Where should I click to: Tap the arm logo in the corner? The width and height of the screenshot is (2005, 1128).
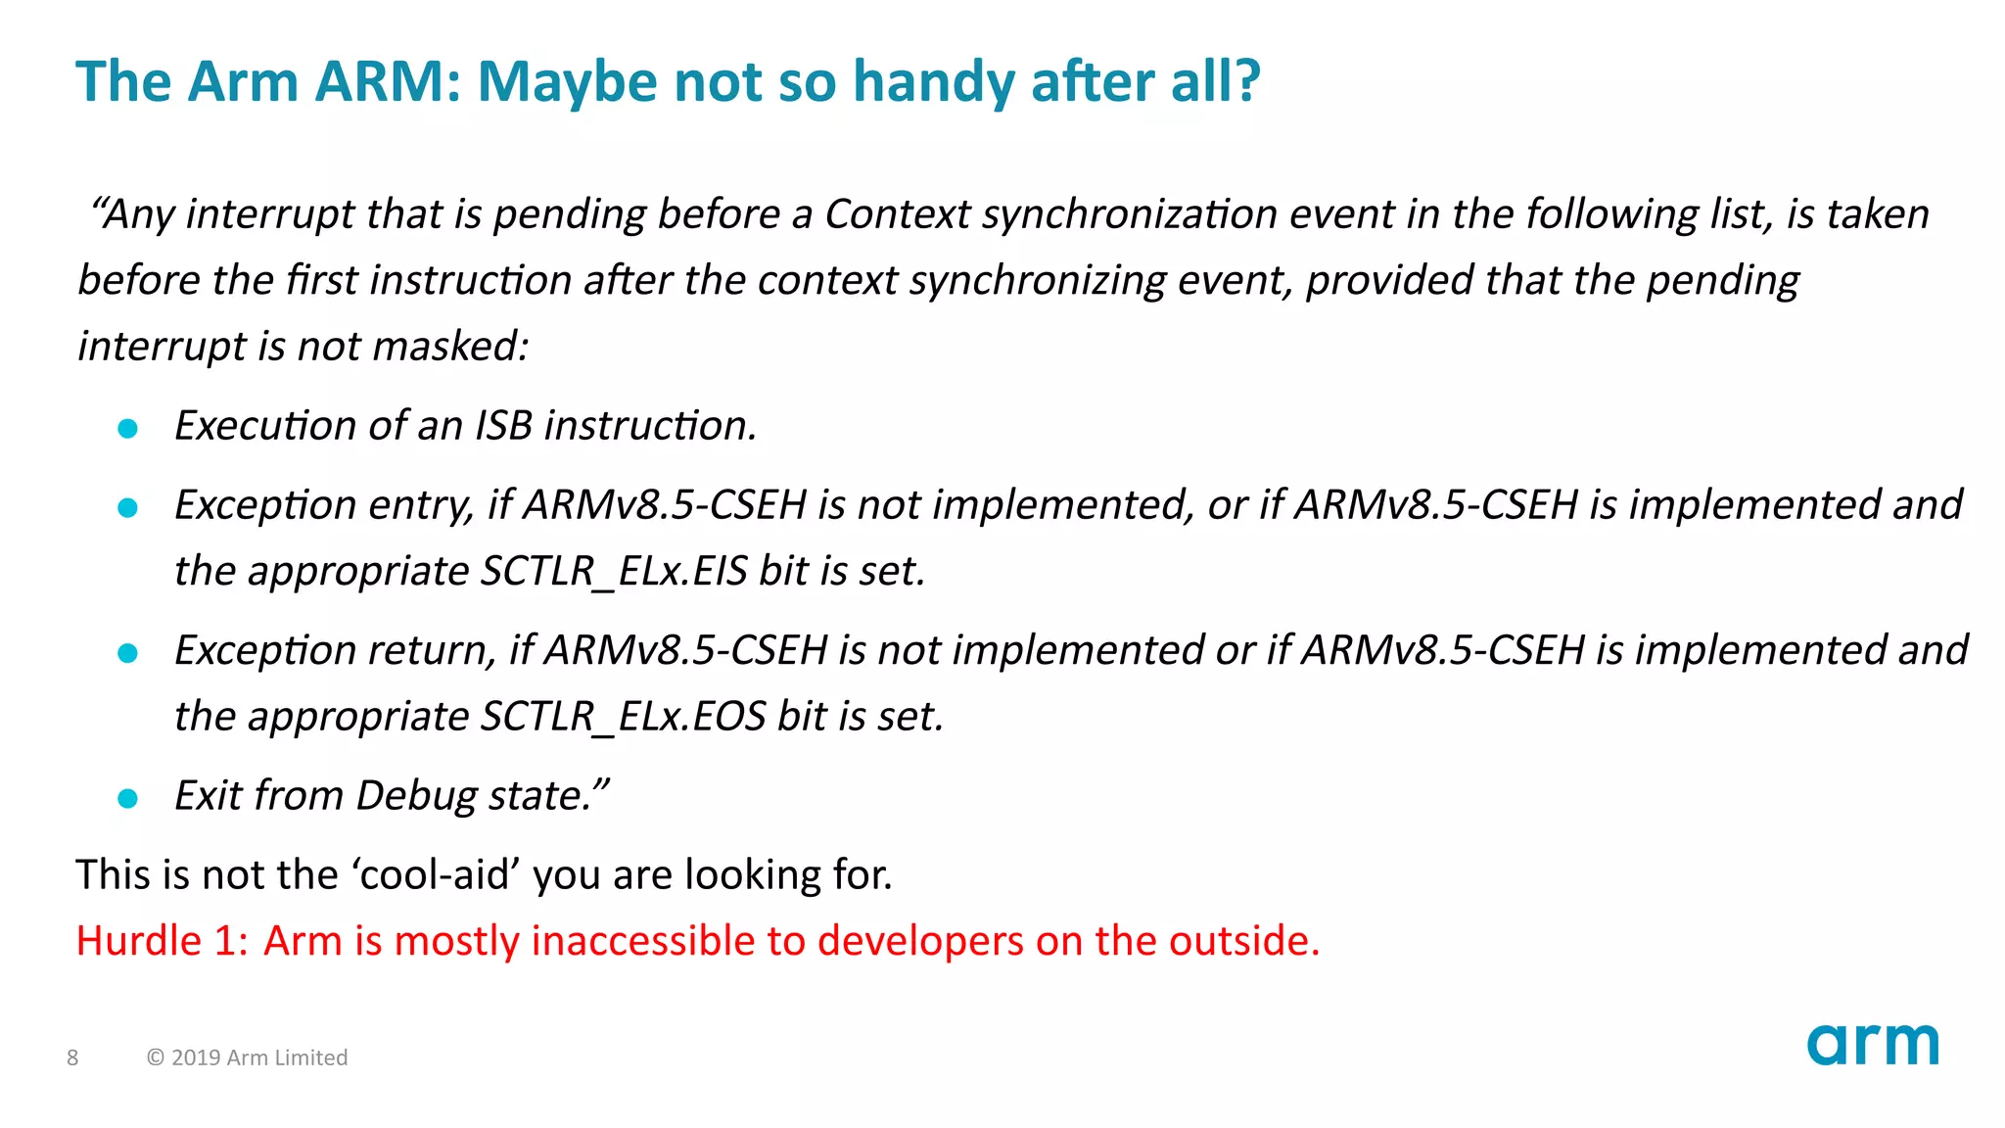(x=1872, y=1045)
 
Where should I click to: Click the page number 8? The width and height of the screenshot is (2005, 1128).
(x=72, y=1057)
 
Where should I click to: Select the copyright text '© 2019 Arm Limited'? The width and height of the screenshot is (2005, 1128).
(x=247, y=1057)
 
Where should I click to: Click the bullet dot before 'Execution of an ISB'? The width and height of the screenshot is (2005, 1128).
(x=127, y=428)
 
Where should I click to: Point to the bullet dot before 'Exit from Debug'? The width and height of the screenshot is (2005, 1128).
(x=127, y=798)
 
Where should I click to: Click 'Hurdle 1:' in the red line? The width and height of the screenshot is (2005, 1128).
(x=162, y=941)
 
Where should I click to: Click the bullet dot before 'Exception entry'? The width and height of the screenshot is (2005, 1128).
(x=127, y=507)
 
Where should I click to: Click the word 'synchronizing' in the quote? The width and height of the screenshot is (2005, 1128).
(x=1038, y=281)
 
